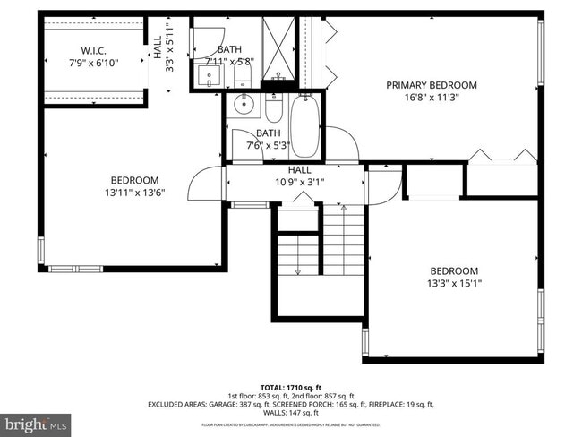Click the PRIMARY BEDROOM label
point(432,85)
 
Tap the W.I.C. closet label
point(93,49)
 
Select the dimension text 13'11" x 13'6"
point(134,192)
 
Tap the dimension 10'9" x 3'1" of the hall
point(299,182)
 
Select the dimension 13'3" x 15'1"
point(454,284)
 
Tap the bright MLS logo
point(36,422)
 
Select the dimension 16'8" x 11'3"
point(432,99)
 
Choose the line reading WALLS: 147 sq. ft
point(290,413)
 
